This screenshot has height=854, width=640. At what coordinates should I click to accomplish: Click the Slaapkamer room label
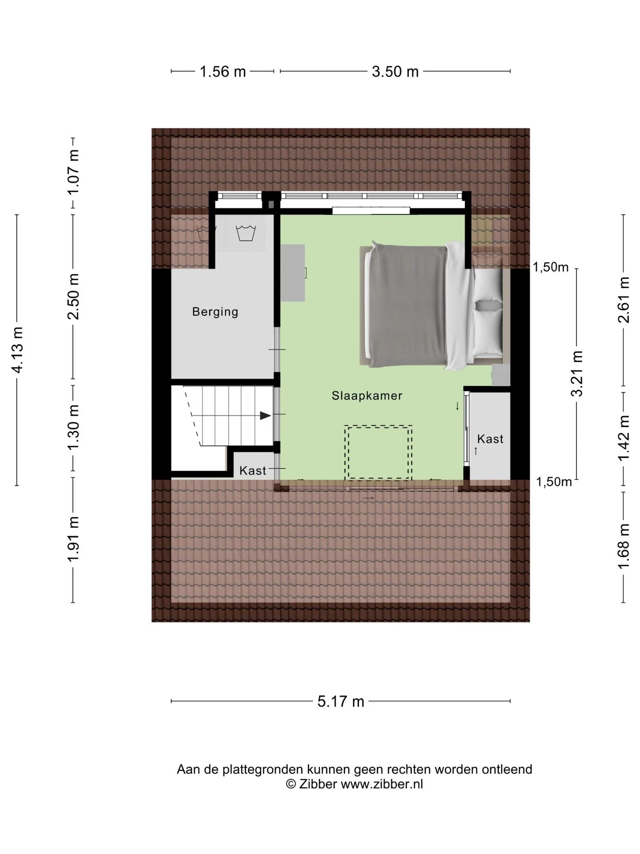click(367, 395)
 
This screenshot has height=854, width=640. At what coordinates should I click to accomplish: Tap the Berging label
click(215, 312)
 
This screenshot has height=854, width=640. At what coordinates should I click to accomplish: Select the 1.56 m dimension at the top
click(223, 71)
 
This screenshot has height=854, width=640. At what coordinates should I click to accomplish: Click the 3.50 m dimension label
click(395, 71)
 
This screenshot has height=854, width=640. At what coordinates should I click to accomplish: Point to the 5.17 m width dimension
click(341, 701)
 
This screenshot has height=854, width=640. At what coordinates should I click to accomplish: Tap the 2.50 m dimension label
click(73, 296)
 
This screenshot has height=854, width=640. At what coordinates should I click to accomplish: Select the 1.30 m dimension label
click(73, 427)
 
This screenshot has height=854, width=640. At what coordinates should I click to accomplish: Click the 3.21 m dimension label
click(577, 374)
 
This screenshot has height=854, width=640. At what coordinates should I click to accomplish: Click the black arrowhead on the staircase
click(265, 416)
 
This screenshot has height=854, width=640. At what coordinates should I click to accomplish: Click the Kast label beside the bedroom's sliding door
click(490, 439)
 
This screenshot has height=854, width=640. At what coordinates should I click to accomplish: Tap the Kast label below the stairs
click(253, 471)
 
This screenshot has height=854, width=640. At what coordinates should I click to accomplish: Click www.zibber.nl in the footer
click(382, 784)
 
